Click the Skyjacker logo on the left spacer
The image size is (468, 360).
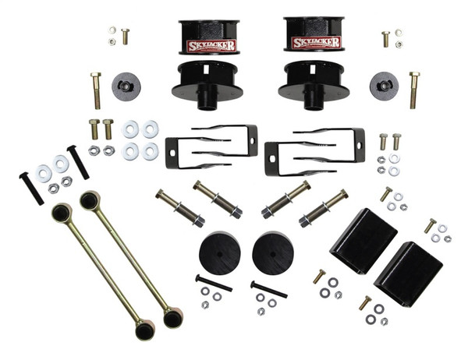coord(209,44)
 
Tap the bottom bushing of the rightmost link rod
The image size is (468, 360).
coord(172,318)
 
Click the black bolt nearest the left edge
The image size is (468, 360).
coord(30,189)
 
